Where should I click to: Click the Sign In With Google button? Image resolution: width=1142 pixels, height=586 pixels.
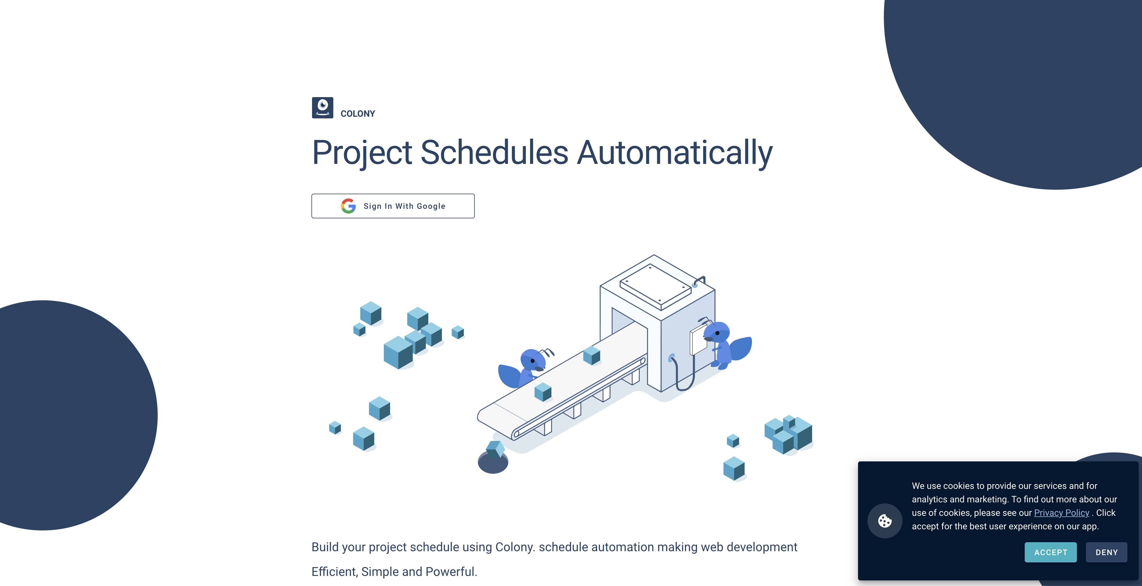pyautogui.click(x=393, y=206)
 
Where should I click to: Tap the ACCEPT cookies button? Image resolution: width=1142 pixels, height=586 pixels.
pyautogui.click(x=1050, y=552)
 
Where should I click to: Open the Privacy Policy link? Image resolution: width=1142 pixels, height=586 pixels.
pyautogui.click(x=1061, y=513)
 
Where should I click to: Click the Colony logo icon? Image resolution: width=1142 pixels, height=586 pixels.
pyautogui.click(x=322, y=108)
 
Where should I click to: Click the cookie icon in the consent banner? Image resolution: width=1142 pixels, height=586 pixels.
pyautogui.click(x=884, y=521)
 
